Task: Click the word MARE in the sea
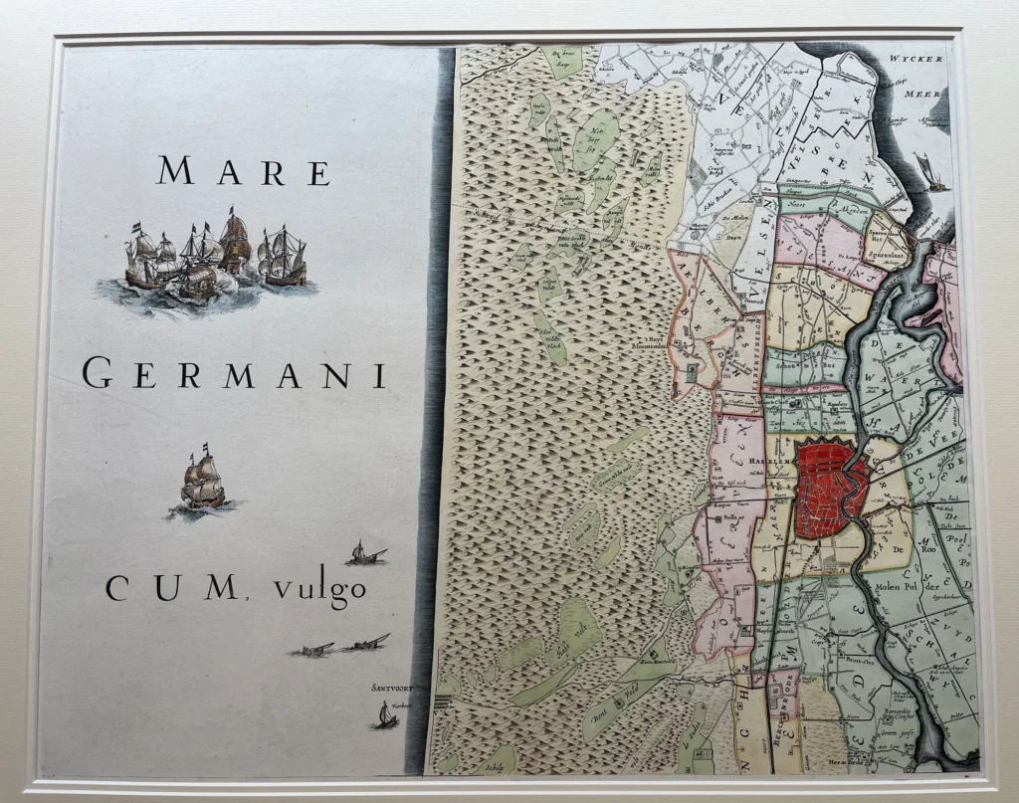244,171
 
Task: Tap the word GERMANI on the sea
234,375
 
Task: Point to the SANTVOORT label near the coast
389,688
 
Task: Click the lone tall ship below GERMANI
203,484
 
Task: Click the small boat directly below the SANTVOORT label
385,715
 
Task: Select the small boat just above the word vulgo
365,553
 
